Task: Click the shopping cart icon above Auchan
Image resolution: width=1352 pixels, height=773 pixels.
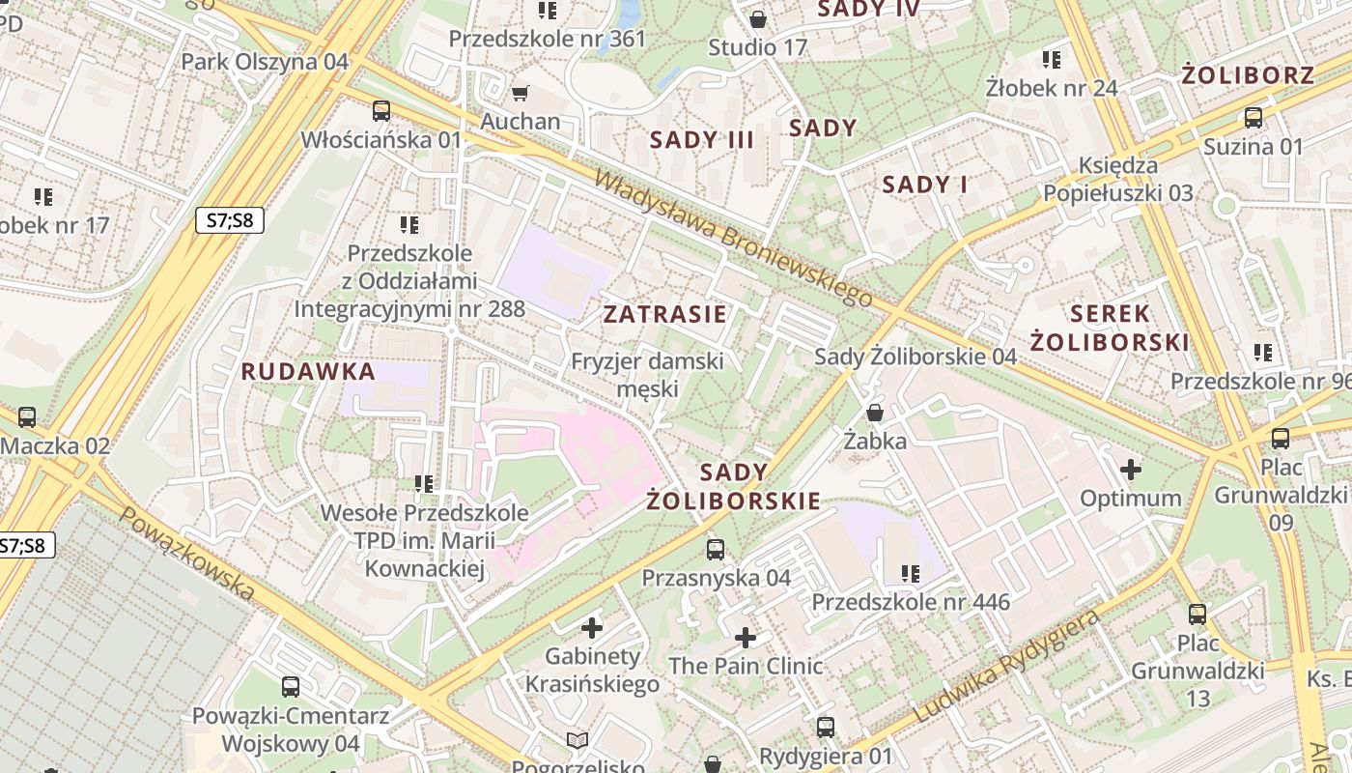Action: click(x=520, y=93)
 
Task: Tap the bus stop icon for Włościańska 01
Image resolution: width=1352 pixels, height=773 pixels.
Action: click(x=381, y=111)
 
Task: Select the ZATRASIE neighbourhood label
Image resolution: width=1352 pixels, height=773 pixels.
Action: click(x=664, y=314)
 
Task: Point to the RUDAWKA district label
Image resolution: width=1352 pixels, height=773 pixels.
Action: click(x=308, y=371)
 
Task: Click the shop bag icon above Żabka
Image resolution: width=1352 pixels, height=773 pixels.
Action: click(x=875, y=414)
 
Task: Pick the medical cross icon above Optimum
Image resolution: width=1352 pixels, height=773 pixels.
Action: click(x=1130, y=471)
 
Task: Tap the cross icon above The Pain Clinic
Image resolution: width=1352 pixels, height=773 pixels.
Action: click(x=746, y=638)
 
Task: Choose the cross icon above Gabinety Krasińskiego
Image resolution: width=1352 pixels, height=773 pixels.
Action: click(x=592, y=628)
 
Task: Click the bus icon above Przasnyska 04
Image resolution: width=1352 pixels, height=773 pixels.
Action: click(x=716, y=550)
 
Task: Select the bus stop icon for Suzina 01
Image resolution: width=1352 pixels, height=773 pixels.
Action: click(x=1253, y=119)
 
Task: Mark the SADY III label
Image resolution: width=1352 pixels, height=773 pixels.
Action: click(x=702, y=139)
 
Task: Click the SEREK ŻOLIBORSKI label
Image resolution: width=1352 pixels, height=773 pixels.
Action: click(x=1110, y=328)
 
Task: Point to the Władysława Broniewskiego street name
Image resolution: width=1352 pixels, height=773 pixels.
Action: click(x=733, y=237)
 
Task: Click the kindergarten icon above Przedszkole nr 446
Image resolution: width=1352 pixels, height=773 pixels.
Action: click(x=910, y=574)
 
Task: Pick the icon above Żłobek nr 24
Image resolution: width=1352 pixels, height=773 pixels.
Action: click(x=1052, y=60)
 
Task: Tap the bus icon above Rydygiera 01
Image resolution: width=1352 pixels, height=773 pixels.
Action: click(x=826, y=728)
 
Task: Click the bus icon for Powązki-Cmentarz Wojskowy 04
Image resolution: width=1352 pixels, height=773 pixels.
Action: click(x=291, y=687)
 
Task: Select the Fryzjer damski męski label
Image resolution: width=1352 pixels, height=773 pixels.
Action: click(x=647, y=375)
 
